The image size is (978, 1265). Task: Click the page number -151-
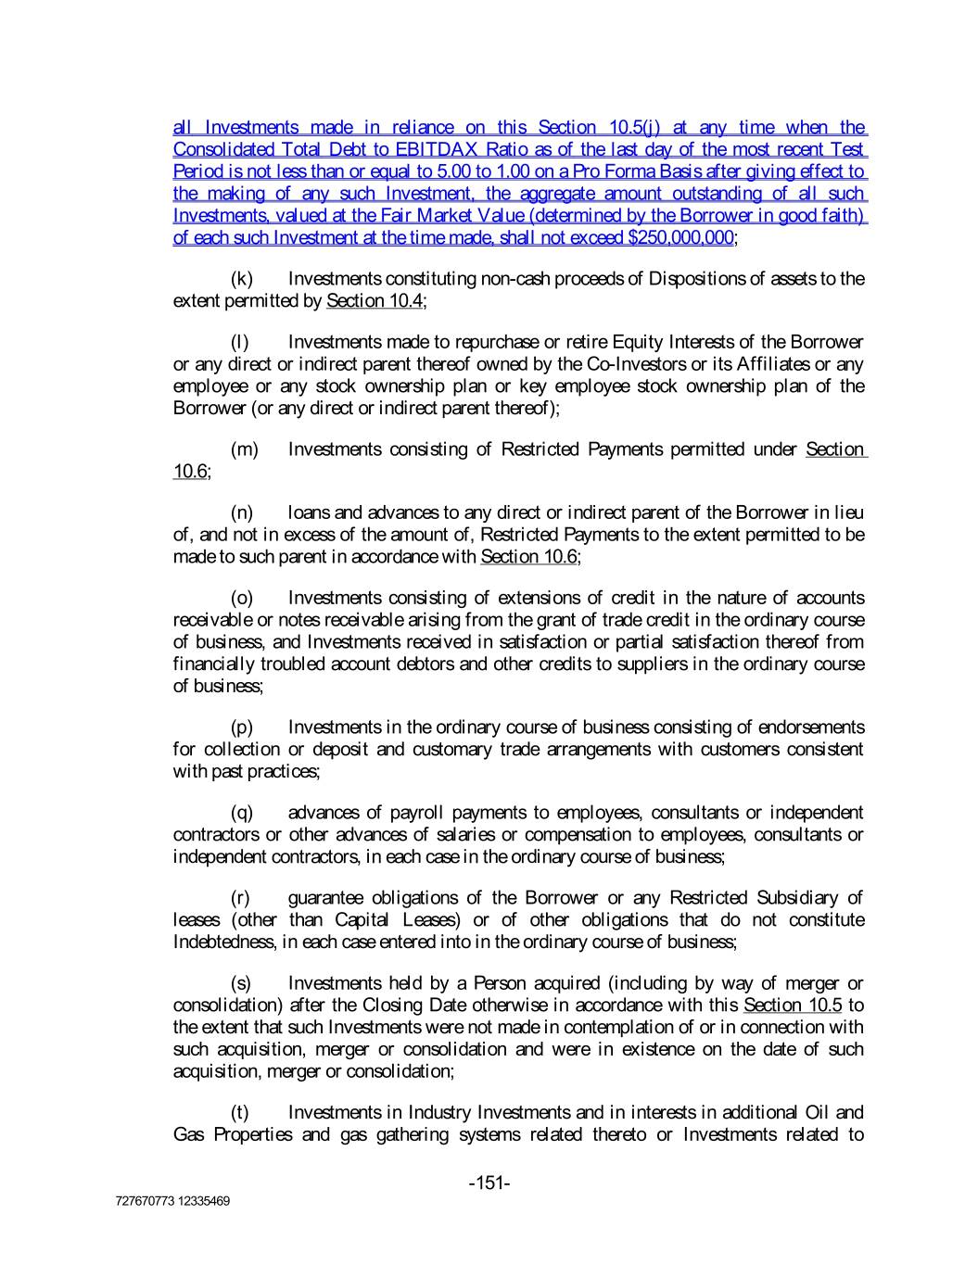[x=489, y=1183]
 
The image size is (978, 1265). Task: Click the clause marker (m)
[x=244, y=449]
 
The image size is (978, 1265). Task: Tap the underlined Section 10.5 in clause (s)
[x=793, y=1006]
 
